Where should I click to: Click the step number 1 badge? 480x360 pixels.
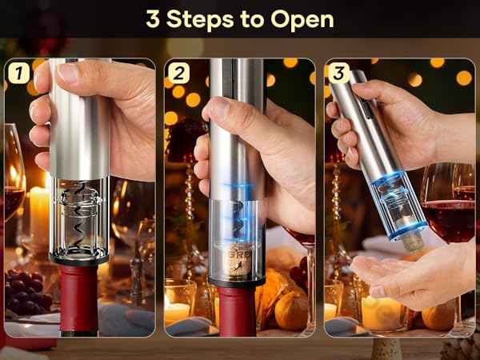[x=18, y=74]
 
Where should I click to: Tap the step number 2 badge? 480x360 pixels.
[x=178, y=74]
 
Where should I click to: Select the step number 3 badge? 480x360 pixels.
[x=338, y=74]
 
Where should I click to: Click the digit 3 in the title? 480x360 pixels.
[x=153, y=19]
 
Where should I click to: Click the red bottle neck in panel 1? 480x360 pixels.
[x=78, y=300]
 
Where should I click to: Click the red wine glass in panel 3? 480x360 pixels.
[x=448, y=216]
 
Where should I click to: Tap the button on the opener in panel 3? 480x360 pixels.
[x=362, y=102]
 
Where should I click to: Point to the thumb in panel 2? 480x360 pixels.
[x=218, y=112]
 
